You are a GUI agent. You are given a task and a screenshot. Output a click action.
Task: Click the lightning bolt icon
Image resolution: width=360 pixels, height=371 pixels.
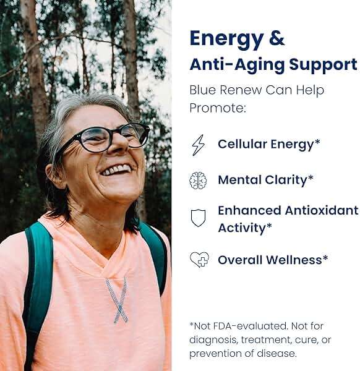[199, 145]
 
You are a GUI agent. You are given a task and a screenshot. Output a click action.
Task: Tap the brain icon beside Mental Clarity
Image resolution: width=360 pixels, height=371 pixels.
[198, 181]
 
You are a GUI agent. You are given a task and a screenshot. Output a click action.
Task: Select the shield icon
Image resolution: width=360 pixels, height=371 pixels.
[198, 218]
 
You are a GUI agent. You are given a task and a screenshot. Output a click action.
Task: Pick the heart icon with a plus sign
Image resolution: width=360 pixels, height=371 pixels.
[200, 260]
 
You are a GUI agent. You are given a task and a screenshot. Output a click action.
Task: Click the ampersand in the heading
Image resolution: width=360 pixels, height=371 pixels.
[276, 38]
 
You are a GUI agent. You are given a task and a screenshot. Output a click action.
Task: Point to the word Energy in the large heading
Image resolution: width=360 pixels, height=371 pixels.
[227, 40]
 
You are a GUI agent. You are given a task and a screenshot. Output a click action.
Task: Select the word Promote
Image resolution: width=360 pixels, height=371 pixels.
[218, 108]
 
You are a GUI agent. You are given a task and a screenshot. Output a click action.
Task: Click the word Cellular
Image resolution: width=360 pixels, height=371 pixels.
[242, 144]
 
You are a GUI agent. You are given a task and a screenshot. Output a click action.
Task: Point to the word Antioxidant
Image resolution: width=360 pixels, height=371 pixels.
[322, 210]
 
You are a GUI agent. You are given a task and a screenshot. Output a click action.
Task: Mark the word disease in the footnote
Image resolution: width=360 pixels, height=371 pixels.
[276, 354]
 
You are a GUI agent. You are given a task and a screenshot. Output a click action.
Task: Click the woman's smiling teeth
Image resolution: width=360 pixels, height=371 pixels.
[116, 169]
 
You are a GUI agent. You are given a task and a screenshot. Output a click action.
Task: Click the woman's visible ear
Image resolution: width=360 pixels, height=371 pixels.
[53, 176]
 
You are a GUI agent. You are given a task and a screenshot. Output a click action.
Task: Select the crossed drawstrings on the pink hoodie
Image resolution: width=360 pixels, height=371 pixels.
[116, 300]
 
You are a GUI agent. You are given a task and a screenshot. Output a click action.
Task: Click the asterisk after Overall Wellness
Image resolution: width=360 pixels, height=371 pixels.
[325, 257]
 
